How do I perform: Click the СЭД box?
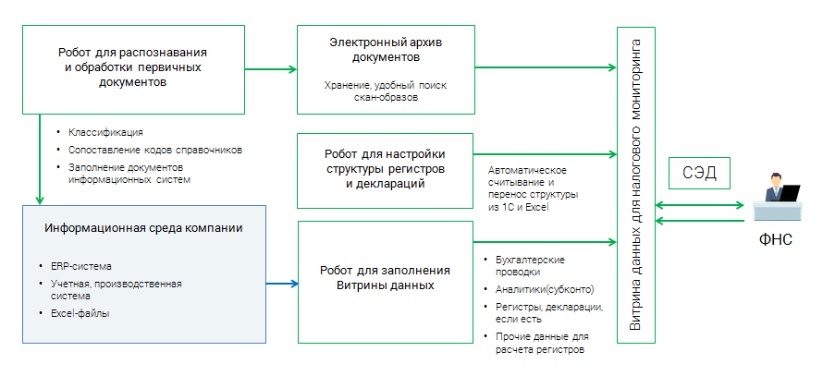coord(700,173)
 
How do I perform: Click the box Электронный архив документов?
coord(386,67)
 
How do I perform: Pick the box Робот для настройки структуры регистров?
coord(386,169)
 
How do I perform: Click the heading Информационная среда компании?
coord(144,227)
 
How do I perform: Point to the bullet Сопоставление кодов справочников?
coord(154,149)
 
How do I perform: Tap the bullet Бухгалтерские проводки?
coord(531,266)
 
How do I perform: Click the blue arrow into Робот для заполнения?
coord(282,281)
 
